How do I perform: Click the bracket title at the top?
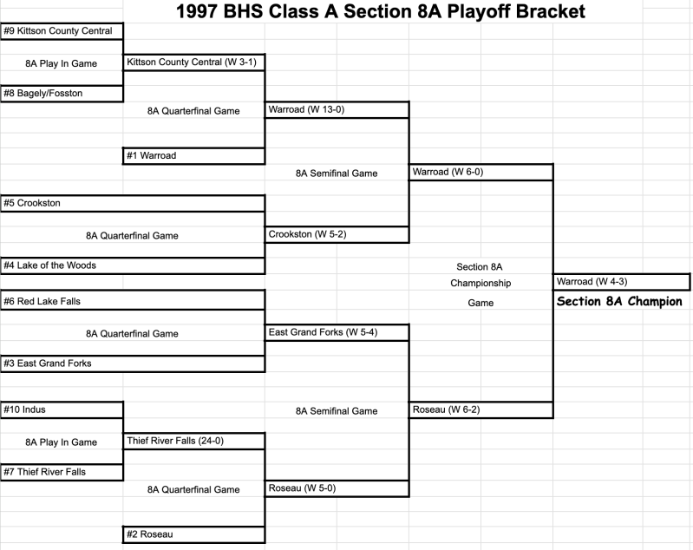(381, 11)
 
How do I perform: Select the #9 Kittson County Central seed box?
(62, 31)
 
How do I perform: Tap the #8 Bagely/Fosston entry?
(62, 94)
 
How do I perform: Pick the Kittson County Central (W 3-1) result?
(194, 62)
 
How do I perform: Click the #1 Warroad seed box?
(194, 156)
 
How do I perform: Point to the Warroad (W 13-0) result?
(337, 109)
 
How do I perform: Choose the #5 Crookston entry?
(133, 203)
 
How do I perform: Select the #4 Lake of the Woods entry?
(133, 265)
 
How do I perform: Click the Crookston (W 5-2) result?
(337, 234)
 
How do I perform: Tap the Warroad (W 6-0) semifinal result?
(481, 172)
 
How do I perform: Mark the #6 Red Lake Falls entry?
(133, 300)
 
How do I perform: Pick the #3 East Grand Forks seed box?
(133, 363)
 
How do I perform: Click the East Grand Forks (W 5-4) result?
(337, 332)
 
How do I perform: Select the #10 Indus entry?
(62, 409)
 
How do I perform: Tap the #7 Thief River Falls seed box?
(62, 472)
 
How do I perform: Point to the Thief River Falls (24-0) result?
(194, 442)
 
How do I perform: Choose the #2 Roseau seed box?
(194, 534)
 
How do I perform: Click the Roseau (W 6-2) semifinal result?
(481, 409)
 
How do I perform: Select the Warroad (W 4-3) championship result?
(621, 282)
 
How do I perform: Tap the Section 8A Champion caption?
(619, 302)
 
